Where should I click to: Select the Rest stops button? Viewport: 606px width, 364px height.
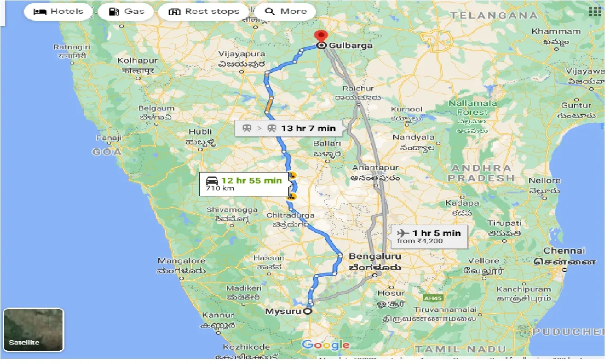[204, 11]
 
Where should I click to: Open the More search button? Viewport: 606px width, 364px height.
[286, 11]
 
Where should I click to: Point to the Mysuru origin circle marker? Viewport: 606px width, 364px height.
[308, 311]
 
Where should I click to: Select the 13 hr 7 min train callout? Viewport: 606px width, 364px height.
[289, 128]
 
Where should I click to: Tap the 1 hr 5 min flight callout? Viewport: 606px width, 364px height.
[429, 236]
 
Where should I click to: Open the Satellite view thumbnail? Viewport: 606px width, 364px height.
[34, 330]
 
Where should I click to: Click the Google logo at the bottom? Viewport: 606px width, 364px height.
[325, 345]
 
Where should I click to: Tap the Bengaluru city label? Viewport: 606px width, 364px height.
[375, 256]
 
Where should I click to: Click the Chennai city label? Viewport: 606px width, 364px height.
[564, 251]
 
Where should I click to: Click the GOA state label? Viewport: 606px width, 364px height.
[107, 152]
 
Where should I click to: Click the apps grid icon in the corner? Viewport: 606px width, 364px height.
[593, 11]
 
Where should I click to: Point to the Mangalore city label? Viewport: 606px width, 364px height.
[181, 261]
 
